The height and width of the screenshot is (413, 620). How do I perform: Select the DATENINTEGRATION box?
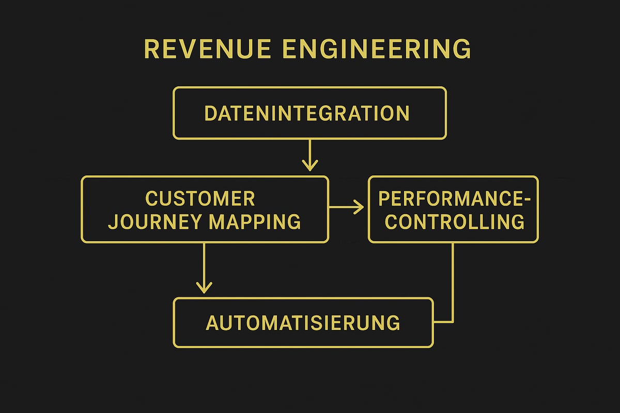pos(309,113)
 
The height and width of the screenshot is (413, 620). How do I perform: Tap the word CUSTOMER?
pos(200,199)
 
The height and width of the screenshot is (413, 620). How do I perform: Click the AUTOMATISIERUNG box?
pos(303,323)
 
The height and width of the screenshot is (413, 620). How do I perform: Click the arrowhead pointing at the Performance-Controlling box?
pos(359,208)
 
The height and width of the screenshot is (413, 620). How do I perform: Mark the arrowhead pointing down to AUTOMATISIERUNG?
pos(205,287)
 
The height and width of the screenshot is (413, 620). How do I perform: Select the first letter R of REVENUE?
pos(151,50)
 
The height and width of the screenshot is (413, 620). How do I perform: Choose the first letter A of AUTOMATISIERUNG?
pos(212,323)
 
